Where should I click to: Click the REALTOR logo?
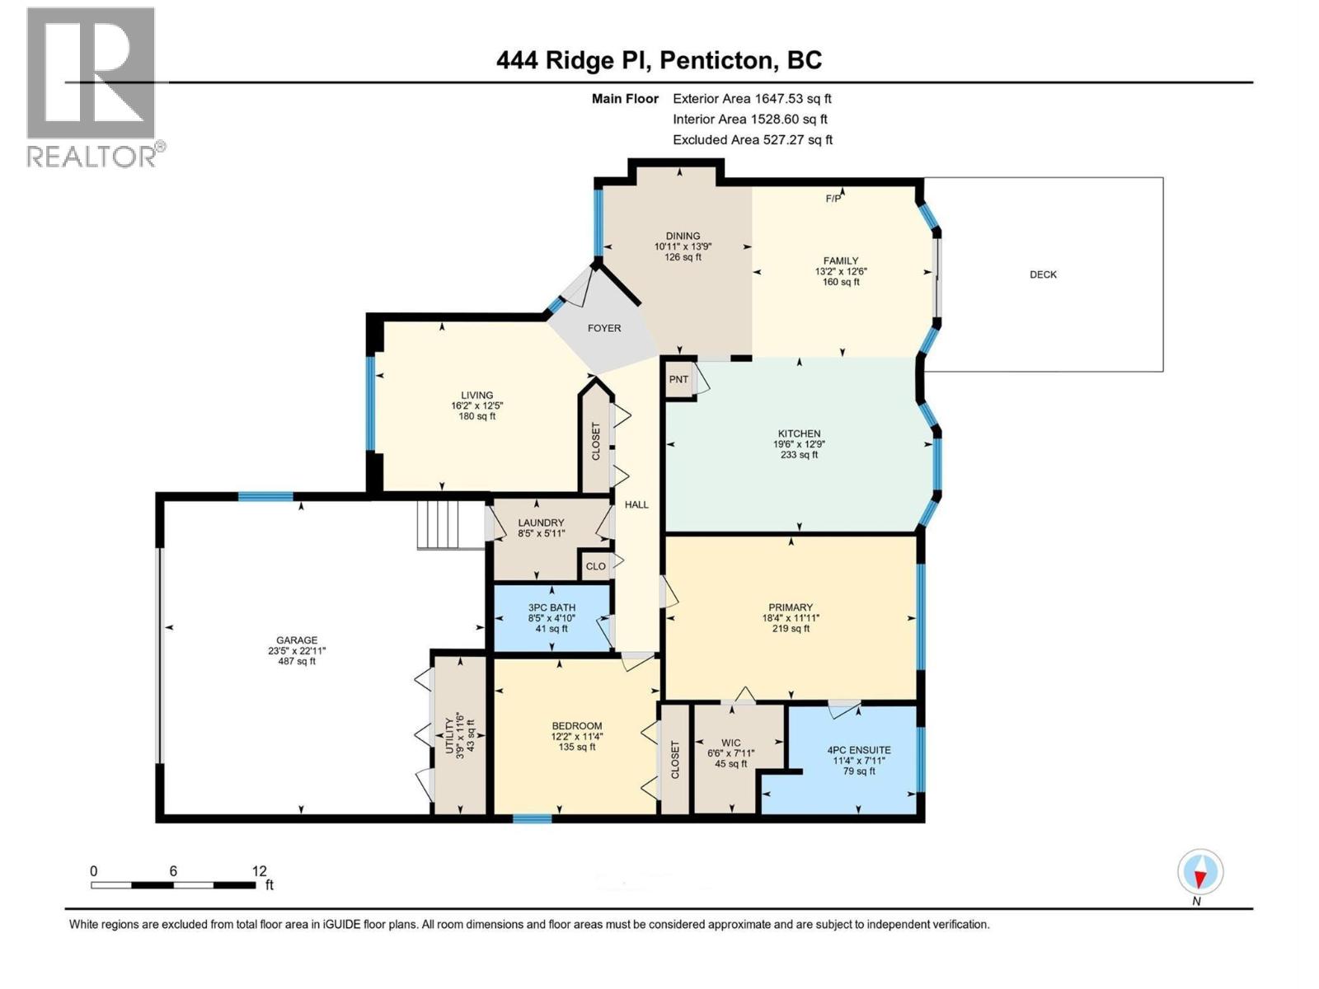point(92,87)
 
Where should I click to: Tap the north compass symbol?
point(1200,872)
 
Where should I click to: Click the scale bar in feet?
point(173,884)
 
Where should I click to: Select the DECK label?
point(1043,274)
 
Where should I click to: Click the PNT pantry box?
point(678,379)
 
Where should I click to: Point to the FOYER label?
point(604,328)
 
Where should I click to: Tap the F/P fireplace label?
point(833,199)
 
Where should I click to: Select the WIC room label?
point(730,743)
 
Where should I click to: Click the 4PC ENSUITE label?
point(859,750)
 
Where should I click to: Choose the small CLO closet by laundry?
point(595,565)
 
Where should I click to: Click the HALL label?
point(636,504)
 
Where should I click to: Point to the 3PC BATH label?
point(552,607)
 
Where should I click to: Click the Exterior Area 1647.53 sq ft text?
point(752,98)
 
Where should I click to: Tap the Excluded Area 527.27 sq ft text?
point(752,140)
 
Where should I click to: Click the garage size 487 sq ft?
point(297,661)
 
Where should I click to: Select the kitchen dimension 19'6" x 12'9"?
point(799,444)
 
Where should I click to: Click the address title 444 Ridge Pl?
point(575,60)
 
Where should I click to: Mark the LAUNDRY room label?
point(541,523)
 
